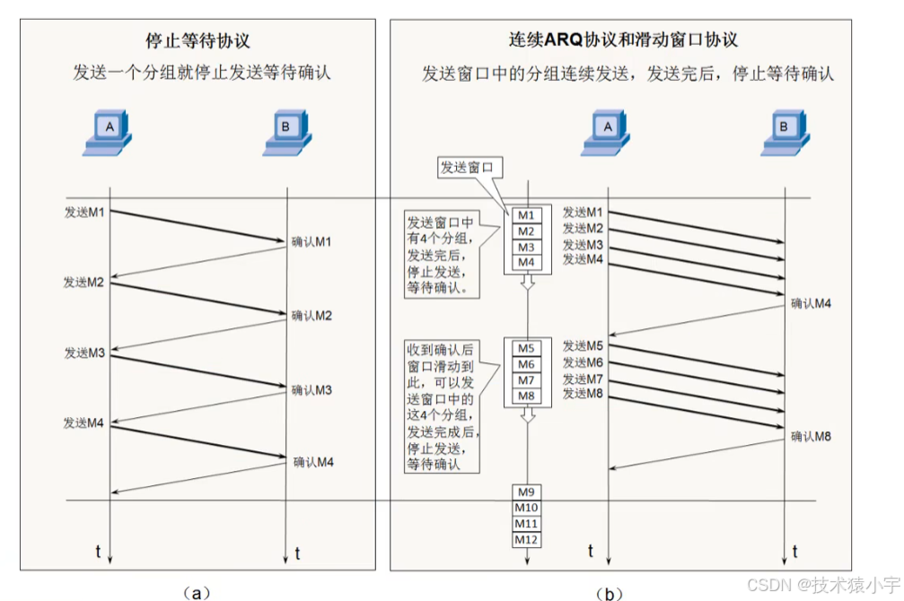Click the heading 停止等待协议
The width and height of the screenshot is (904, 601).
197,40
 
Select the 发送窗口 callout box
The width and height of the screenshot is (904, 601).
467,167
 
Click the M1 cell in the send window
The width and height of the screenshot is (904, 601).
526,215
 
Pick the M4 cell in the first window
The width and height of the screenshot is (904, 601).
526,263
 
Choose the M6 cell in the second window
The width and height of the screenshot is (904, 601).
526,364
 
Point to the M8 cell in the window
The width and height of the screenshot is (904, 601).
526,396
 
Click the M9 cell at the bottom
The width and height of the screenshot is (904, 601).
526,492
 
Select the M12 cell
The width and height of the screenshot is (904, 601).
526,539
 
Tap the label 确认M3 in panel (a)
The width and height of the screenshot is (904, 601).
312,390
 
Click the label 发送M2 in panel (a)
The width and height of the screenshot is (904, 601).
84,282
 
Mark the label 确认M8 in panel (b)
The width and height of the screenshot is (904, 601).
811,437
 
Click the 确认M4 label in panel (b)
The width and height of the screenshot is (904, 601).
811,303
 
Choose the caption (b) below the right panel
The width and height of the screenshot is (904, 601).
610,592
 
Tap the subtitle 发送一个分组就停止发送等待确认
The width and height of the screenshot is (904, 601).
202,73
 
